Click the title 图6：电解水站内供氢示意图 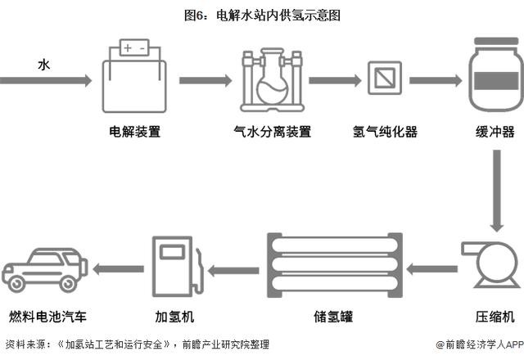[262, 15]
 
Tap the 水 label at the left [44, 63]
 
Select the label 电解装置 [134, 132]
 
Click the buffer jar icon [495, 74]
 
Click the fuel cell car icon [45, 268]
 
